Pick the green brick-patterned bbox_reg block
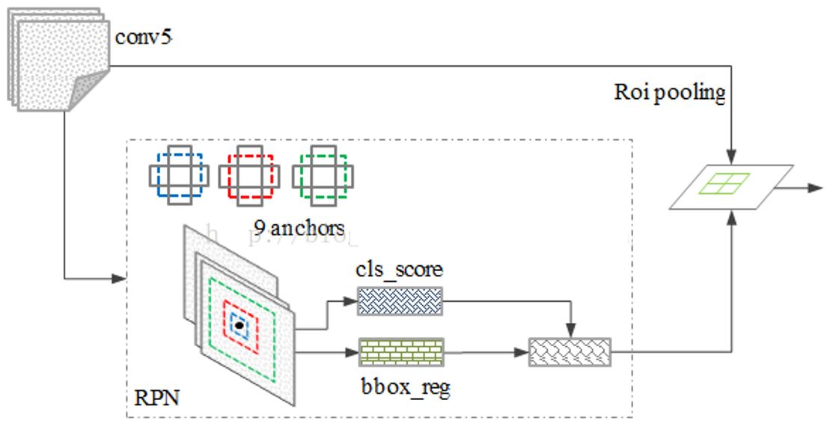401,351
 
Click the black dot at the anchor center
239,325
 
